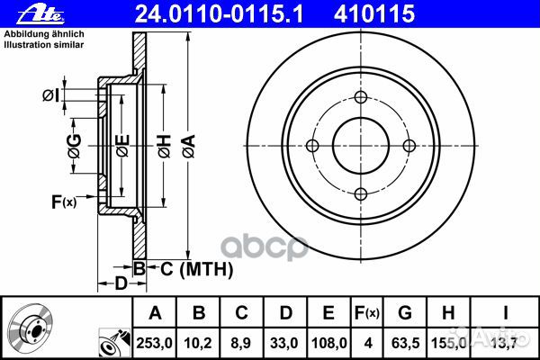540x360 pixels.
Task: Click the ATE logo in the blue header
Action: [40, 14]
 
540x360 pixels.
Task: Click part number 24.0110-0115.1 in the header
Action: [219, 14]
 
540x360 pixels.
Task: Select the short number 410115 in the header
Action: [374, 14]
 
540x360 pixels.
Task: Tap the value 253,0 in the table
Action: [154, 343]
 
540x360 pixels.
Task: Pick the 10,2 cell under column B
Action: [198, 343]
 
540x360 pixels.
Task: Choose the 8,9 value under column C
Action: [241, 343]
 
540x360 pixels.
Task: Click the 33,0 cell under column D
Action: [284, 343]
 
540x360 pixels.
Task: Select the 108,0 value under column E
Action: [328, 343]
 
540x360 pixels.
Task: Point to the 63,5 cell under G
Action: [405, 343]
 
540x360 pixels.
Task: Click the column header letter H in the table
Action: [448, 313]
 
